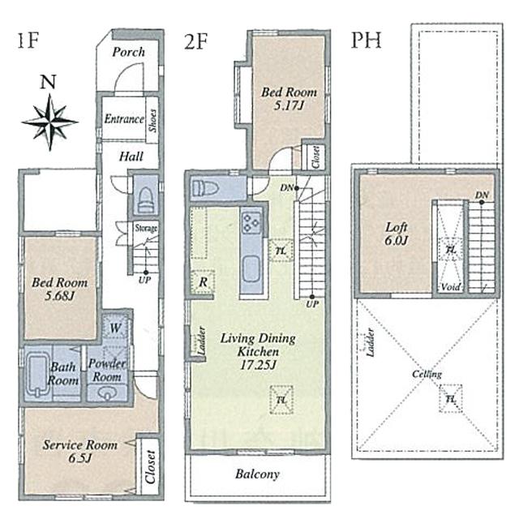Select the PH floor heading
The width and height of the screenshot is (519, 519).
366,41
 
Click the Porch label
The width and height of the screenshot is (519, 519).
128,52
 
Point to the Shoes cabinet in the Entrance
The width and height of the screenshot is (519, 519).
152,119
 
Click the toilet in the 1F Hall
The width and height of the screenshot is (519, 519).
145,197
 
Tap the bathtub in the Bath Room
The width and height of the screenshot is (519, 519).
38,373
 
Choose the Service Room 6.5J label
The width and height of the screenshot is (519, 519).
79,451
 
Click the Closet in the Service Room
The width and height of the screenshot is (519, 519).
148,466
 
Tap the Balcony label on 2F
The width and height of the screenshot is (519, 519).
257,474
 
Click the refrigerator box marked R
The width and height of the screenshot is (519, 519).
203,281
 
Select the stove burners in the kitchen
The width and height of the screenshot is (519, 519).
251,220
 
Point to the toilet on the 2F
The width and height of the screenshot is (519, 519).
206,188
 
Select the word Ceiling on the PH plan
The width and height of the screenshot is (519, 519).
427,374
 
